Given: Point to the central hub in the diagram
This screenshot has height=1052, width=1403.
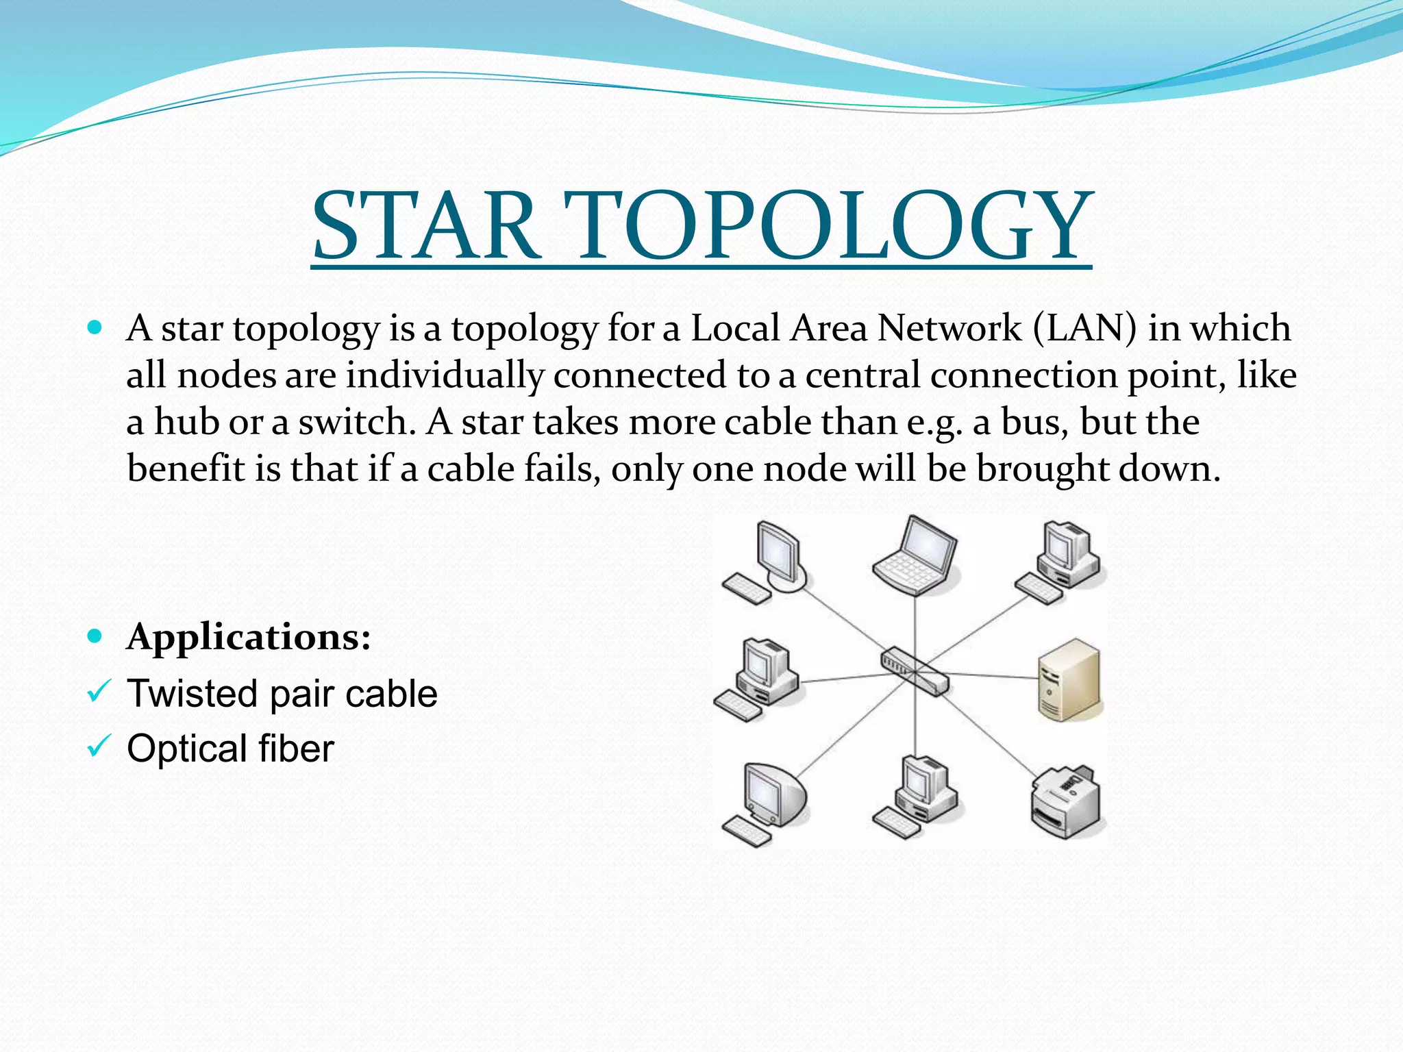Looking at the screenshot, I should click(x=914, y=671).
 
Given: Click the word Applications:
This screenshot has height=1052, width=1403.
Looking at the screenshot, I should click(x=249, y=637).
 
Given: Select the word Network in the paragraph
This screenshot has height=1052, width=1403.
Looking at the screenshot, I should click(x=949, y=328).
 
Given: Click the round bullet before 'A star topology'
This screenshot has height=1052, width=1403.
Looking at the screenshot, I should click(x=95, y=327).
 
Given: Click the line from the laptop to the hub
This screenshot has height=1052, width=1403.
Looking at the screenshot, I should click(x=915, y=623).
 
